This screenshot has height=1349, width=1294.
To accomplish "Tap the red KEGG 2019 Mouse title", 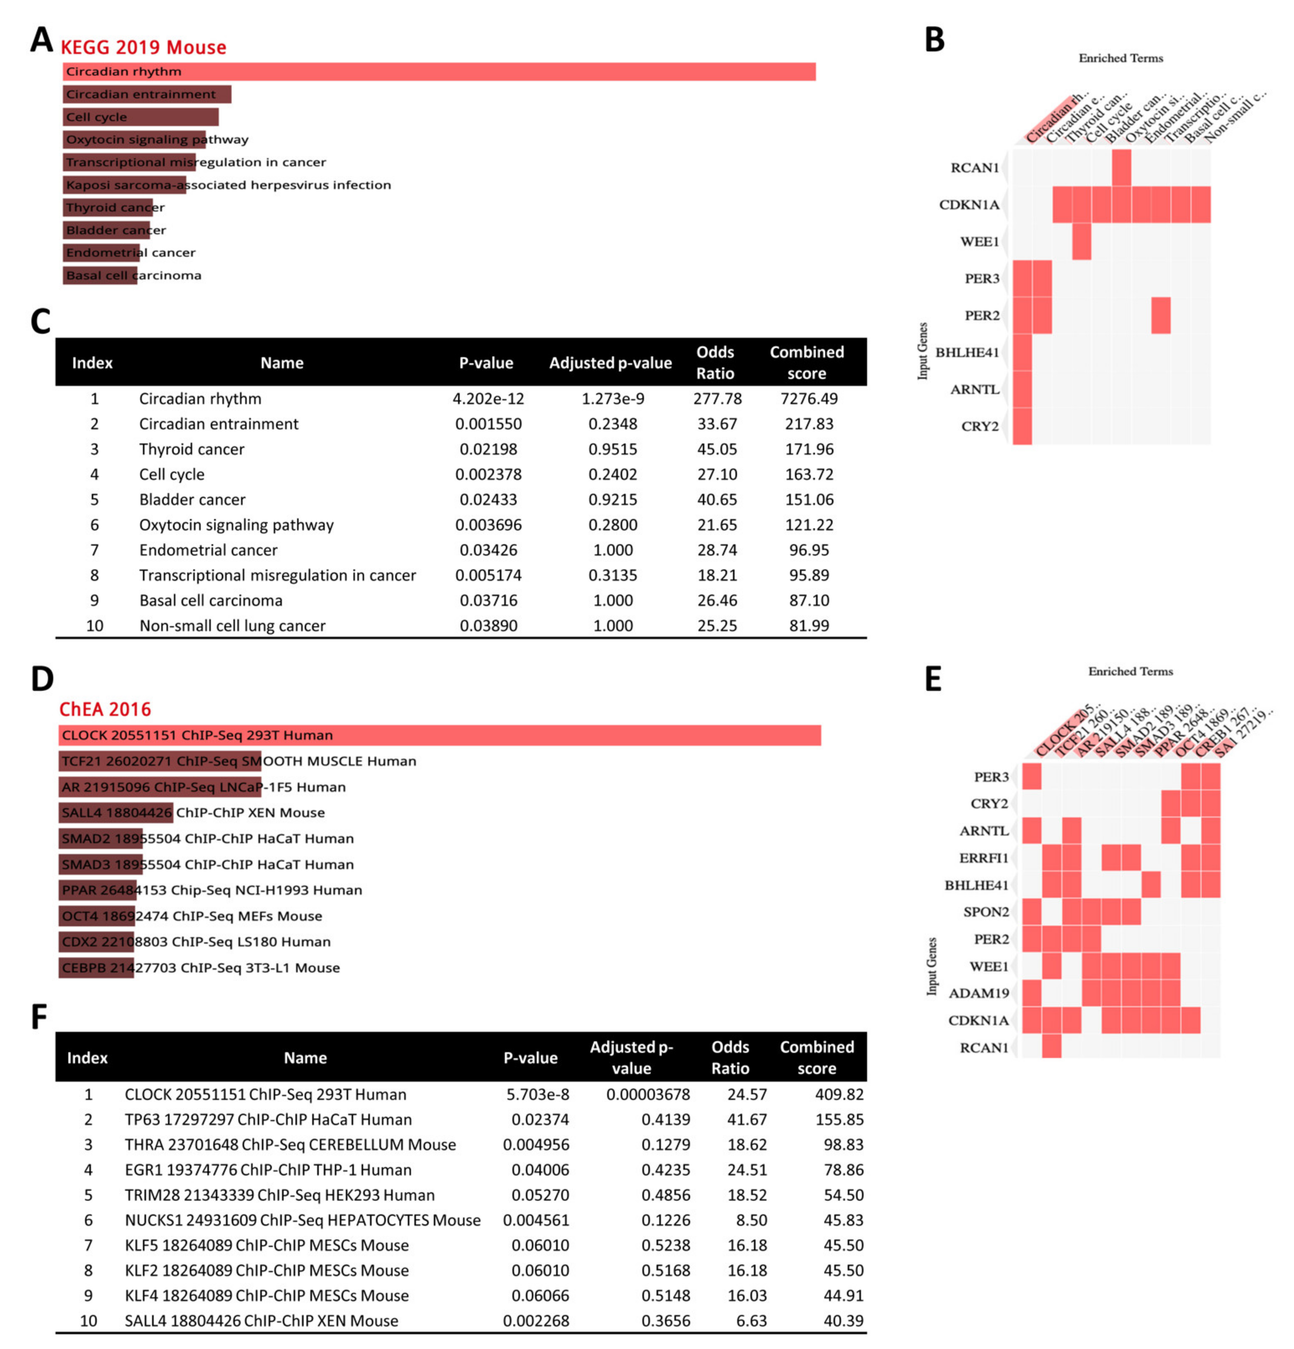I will click(143, 47).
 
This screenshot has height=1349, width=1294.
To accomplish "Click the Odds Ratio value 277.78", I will click(717, 398).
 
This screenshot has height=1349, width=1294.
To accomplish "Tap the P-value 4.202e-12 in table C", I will click(488, 398).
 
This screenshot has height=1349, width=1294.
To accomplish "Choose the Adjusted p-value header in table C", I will click(610, 363).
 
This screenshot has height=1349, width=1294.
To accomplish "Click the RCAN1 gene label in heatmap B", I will click(974, 168).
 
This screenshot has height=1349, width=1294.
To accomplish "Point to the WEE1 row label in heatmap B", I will click(979, 242).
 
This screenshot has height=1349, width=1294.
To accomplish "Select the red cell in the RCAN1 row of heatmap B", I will click(1121, 168).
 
